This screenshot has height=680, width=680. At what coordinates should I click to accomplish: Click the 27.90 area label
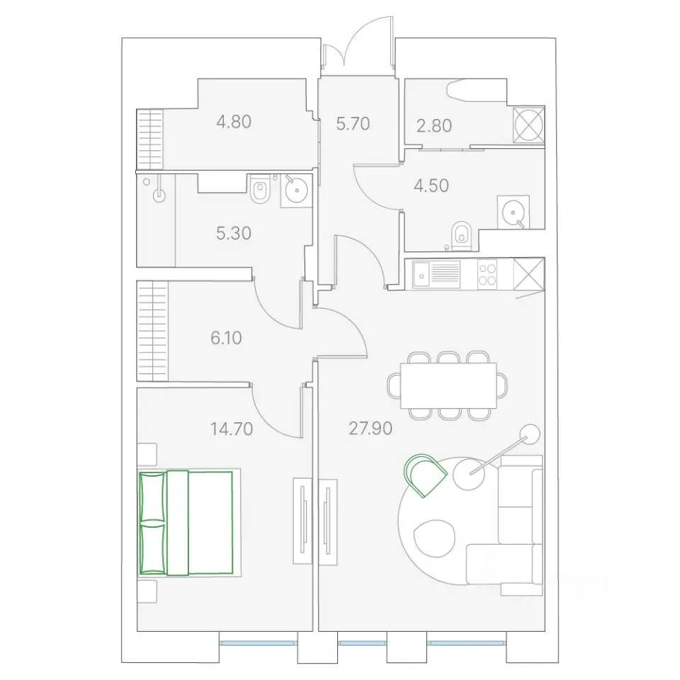pos(370,428)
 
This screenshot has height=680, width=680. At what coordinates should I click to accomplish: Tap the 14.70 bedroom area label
pos(232,429)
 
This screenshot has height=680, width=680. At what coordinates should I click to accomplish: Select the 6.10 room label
pos(226,338)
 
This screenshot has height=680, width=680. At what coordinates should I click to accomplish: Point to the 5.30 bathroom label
pos(234,233)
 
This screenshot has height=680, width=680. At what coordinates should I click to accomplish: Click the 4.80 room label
pos(234,122)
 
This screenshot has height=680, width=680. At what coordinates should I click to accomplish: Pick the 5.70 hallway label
pos(353,123)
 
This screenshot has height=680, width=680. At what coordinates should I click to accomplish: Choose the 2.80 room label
pos(434,126)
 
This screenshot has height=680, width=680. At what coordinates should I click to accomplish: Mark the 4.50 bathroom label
pos(431,186)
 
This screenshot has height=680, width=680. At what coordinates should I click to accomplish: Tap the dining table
pos(448,385)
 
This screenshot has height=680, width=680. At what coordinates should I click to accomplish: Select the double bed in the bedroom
pos(186,523)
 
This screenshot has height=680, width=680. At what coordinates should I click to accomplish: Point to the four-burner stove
pos(487,274)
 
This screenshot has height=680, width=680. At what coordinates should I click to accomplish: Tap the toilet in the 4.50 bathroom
pos(460,236)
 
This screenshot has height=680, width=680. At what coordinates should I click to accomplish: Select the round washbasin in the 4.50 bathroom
pos(514,212)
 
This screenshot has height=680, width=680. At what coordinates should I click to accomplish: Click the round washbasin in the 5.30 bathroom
pos(297,190)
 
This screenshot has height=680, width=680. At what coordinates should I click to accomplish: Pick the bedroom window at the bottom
pos(259,643)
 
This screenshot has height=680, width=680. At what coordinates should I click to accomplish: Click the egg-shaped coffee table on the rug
pos(434,538)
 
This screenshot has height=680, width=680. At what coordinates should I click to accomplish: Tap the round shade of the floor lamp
pos(529,434)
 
